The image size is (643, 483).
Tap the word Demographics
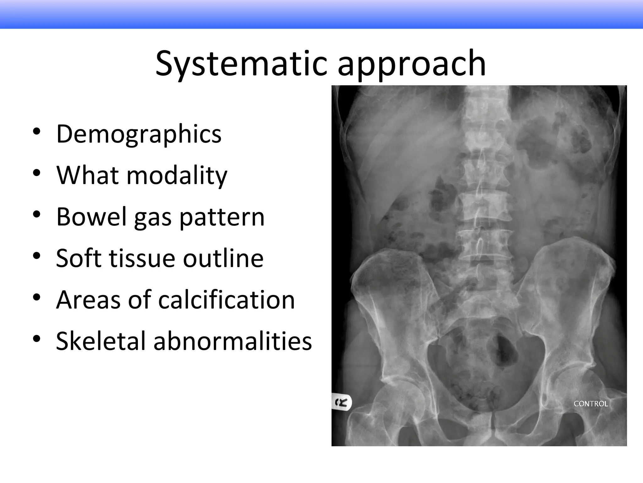point(139,134)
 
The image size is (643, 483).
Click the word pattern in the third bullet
point(222,217)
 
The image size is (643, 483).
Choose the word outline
point(223,258)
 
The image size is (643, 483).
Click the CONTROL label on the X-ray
point(591,404)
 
